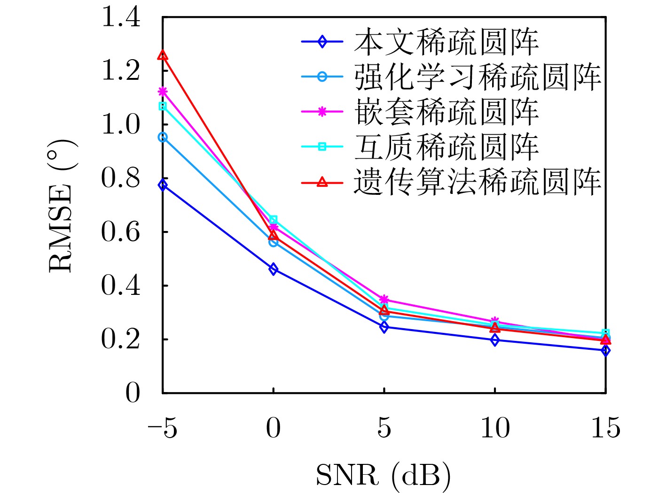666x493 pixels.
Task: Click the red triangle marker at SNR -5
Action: click(163, 55)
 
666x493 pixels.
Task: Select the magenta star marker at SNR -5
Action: click(163, 91)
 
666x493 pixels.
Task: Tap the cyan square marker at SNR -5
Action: click(163, 106)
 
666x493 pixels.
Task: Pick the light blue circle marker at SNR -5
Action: click(163, 137)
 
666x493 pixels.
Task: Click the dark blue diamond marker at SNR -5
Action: click(163, 185)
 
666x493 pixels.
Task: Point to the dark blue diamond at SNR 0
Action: click(274, 269)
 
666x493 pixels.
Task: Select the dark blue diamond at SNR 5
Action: click(384, 327)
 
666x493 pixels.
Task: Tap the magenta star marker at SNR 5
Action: click(384, 299)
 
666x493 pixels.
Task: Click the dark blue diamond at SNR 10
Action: click(495, 340)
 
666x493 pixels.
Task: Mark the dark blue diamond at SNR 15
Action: click(605, 350)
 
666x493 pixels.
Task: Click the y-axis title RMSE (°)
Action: click(62, 205)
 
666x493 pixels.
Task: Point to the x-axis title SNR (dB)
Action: click(383, 475)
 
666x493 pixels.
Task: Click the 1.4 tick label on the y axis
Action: click(120, 18)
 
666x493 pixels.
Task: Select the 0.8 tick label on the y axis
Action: click(120, 179)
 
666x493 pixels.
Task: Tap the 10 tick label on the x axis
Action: click(495, 428)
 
